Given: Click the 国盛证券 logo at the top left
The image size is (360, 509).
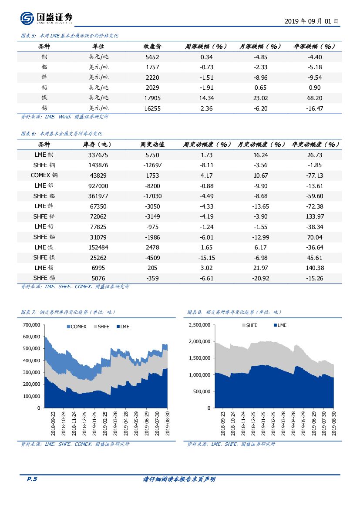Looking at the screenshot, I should tap(46, 18).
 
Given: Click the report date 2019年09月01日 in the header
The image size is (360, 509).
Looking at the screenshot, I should tap(311, 21).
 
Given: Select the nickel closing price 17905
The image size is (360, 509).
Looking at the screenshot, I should tap(152, 98).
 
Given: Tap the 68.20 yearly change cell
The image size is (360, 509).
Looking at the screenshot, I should tap(315, 98).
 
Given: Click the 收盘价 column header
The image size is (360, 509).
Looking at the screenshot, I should tap(152, 47).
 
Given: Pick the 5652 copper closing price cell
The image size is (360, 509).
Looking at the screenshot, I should tap(152, 57).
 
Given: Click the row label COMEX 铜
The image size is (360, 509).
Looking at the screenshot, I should tap(44, 175).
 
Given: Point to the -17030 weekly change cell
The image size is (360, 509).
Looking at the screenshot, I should tap(152, 196).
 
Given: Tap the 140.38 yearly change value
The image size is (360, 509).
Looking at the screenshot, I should tap(315, 268).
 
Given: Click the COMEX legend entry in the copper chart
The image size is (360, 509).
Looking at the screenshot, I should tap(76, 327).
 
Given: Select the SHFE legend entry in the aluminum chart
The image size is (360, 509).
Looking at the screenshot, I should tap(249, 326).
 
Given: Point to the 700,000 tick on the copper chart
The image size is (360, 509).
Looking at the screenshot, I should tap(31, 325).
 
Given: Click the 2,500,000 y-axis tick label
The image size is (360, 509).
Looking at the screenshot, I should tap(199, 325).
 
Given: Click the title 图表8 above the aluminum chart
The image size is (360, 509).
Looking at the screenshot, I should tap(234, 312).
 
